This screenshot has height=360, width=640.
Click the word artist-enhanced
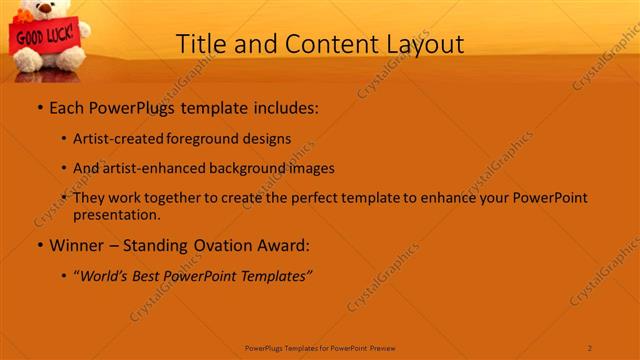[146, 168]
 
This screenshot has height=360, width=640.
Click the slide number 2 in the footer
[590, 347]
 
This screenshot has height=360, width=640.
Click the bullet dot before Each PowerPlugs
[40, 108]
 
